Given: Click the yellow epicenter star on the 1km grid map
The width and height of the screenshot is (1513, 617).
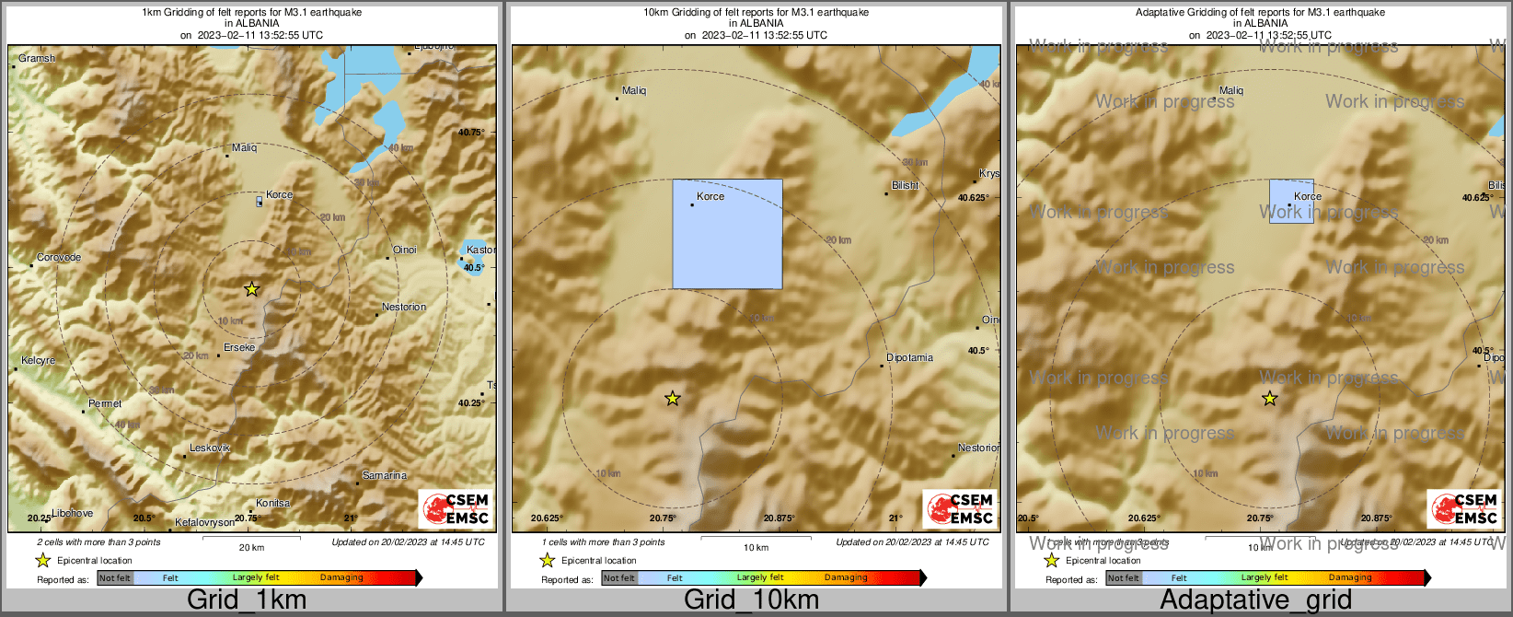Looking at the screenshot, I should [x=251, y=289].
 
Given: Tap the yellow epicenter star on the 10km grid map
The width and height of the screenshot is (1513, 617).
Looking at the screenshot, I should [x=672, y=399].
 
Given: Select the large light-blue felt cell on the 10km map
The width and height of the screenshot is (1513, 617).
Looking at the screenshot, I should [x=727, y=234].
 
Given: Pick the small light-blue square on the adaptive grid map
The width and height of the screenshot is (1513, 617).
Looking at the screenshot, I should [x=1291, y=202].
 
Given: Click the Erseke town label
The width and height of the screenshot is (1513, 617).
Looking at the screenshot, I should [x=239, y=347].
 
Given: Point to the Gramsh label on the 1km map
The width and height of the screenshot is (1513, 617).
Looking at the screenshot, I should [x=37, y=58].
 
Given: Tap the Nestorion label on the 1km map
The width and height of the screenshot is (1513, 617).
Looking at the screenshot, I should [x=404, y=307].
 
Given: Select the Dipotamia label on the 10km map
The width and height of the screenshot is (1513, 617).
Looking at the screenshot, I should [x=909, y=357].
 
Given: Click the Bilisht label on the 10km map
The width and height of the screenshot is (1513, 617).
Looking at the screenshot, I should [x=906, y=185].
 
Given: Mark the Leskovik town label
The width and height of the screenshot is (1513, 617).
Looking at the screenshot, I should [x=209, y=448].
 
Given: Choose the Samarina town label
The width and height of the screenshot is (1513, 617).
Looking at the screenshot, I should [x=384, y=475].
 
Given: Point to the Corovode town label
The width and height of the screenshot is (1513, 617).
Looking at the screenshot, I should [x=59, y=257].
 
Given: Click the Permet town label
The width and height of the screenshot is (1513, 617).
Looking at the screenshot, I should [x=105, y=403].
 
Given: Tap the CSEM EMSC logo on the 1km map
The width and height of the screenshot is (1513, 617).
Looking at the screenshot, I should [x=456, y=508].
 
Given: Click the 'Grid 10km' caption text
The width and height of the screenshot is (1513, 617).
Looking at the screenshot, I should [x=751, y=600].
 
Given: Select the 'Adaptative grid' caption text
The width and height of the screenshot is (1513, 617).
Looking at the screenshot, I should [x=1255, y=600].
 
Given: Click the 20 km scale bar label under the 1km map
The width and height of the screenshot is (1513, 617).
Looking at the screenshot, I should [x=251, y=547].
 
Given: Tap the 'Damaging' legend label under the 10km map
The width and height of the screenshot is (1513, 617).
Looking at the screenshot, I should [x=846, y=577].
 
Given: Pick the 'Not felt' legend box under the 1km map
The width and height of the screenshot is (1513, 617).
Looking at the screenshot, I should [x=115, y=577].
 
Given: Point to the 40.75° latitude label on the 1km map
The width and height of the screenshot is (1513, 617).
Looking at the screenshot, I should [x=470, y=133].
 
